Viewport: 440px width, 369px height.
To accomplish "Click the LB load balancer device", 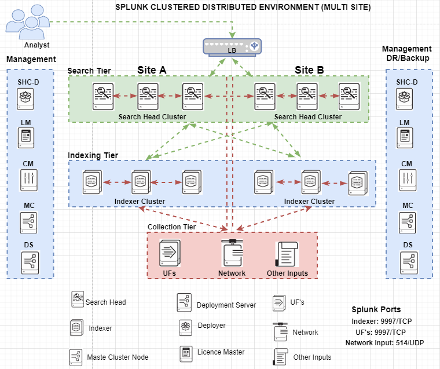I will pos(232,47).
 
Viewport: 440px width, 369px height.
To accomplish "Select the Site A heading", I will pos(152,70).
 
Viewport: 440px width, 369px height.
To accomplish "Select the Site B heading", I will pos(309,70).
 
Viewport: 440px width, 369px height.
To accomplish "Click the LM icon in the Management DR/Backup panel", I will pos(405,137).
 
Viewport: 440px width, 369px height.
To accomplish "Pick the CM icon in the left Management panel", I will pos(27,180).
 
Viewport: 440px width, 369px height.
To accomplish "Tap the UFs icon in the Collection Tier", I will pos(170,253).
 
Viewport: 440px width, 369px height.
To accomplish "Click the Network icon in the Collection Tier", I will pos(232,253).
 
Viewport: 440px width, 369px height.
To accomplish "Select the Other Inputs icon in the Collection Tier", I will pos(287,254).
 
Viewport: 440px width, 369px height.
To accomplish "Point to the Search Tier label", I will pos(89,71).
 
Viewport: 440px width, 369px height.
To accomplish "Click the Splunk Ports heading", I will pos(376,309).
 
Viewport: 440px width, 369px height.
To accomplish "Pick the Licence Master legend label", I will pos(221,352).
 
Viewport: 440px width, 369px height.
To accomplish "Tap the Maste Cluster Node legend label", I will pos(118,356).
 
